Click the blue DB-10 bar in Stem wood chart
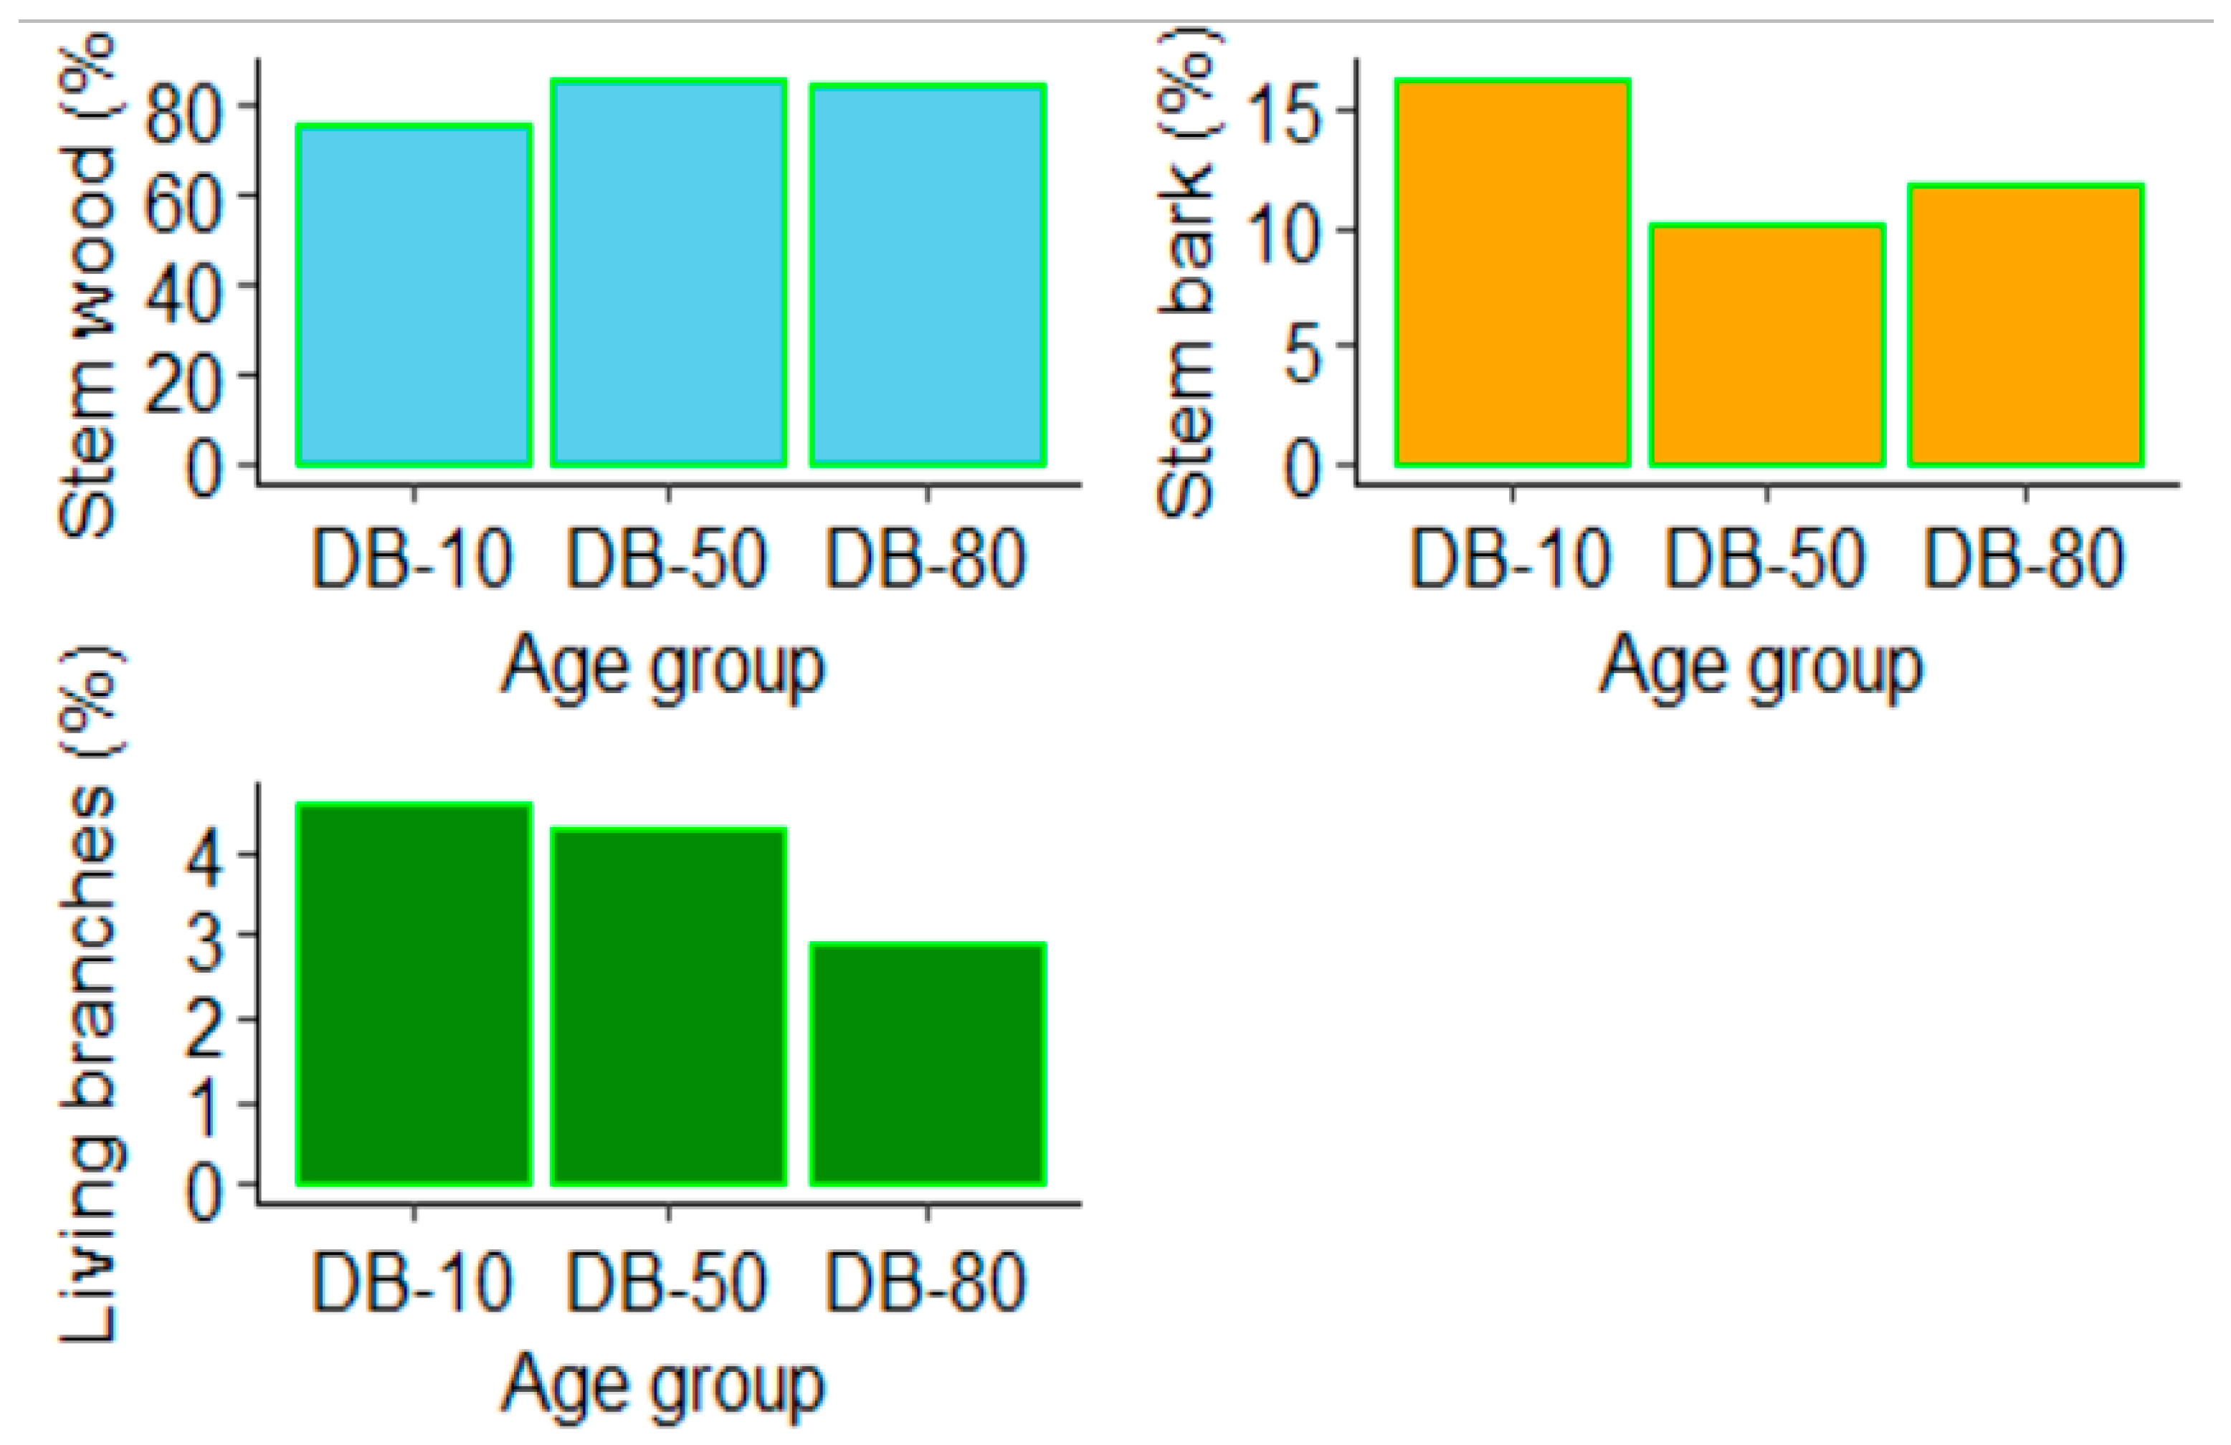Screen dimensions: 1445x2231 414,295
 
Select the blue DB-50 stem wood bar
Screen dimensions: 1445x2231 668,274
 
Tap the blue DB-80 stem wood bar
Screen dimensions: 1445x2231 927,275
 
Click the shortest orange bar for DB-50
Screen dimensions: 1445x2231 1767,345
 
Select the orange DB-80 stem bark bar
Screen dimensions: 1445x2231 2026,325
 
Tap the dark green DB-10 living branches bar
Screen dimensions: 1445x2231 414,994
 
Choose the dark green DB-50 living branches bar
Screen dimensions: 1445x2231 668,1006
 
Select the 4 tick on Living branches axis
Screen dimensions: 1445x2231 204,856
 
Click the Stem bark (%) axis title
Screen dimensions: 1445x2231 1186,272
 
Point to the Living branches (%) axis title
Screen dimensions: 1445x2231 89,993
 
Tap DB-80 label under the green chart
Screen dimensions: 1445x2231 926,1284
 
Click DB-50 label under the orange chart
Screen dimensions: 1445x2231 1765,561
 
